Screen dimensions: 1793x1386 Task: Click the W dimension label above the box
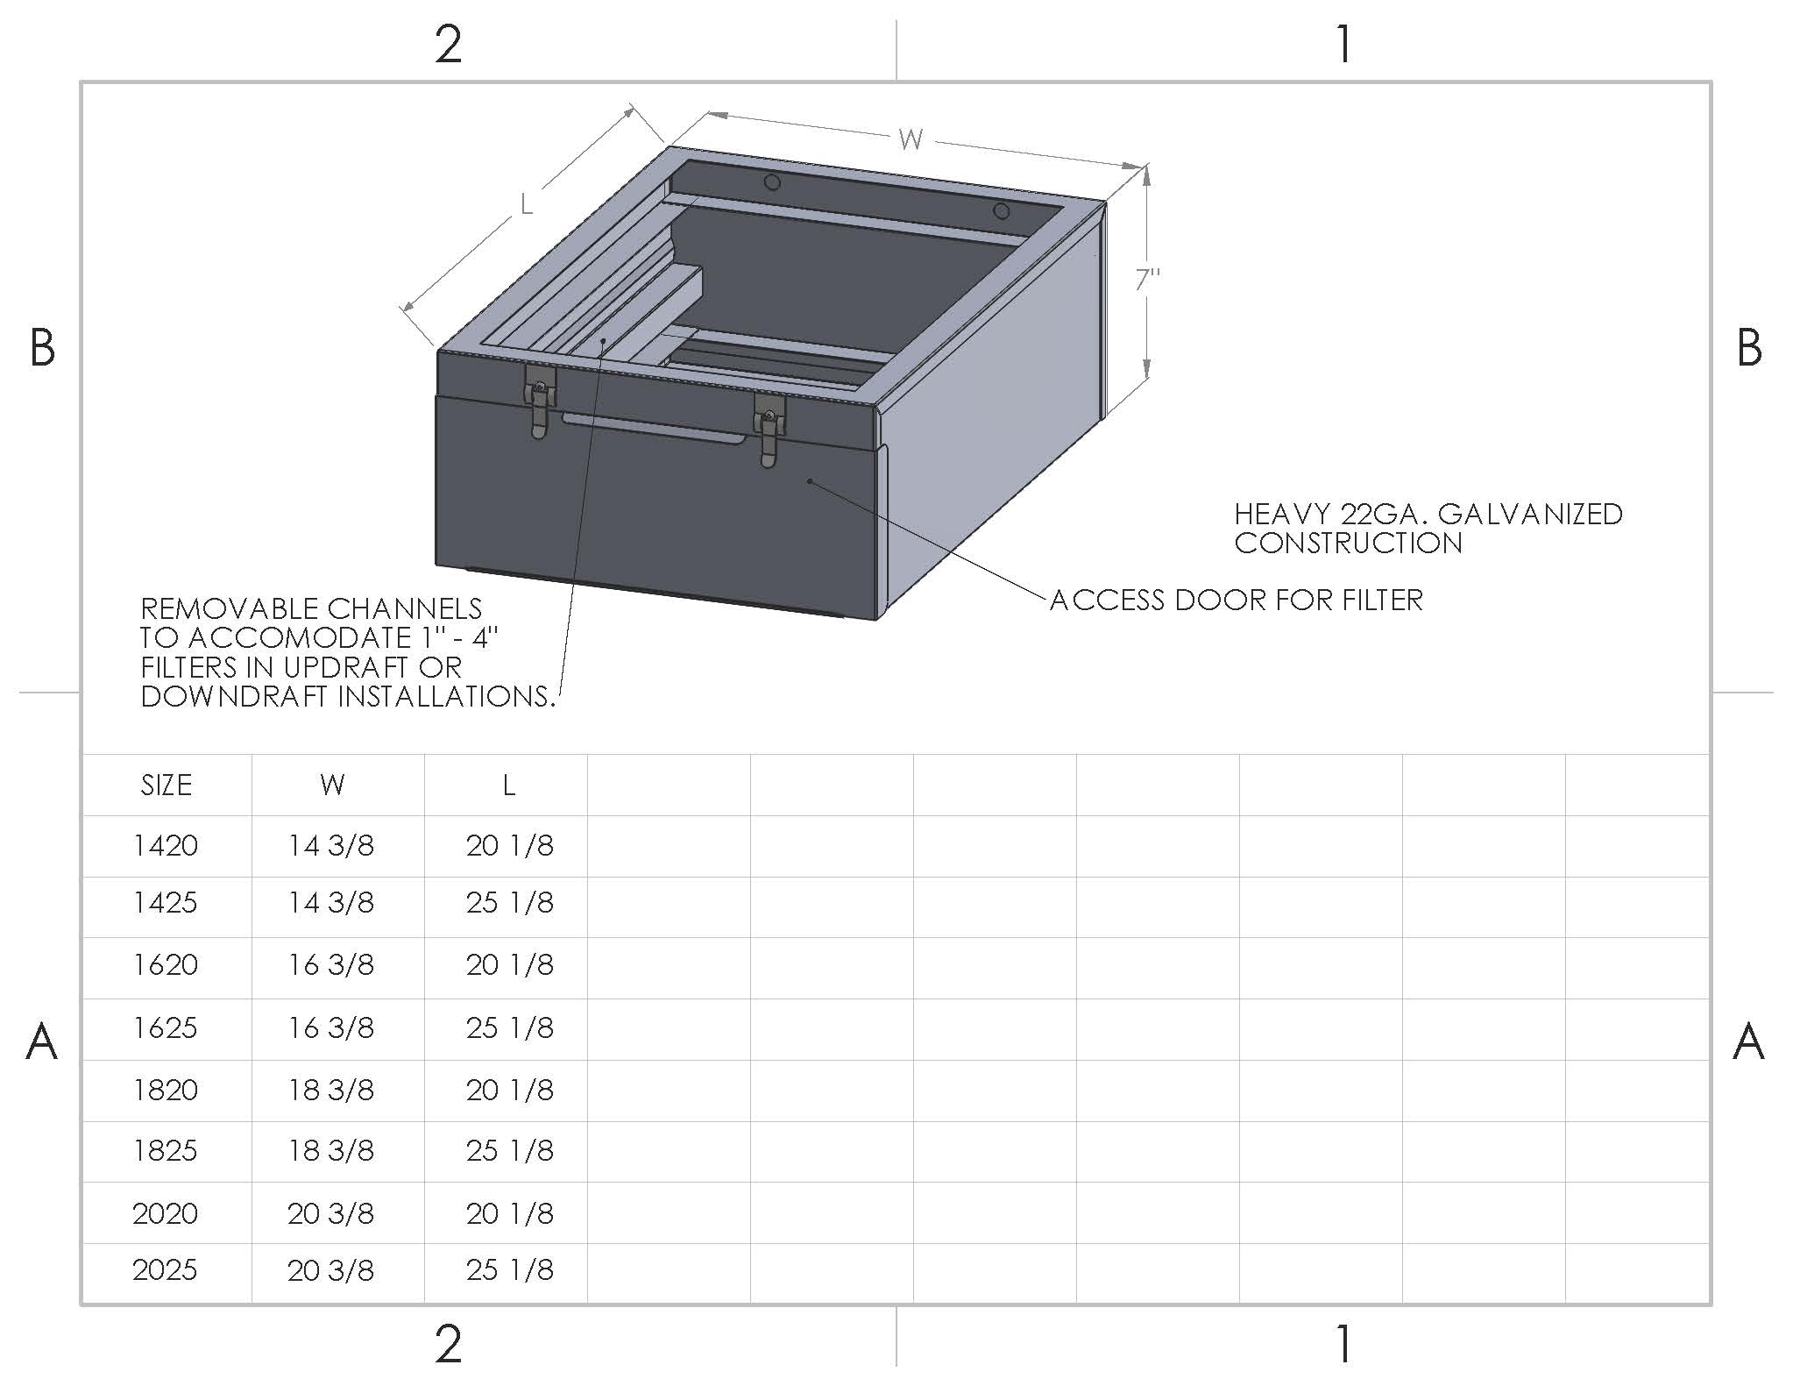click(911, 139)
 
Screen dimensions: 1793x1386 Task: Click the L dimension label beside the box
click(526, 204)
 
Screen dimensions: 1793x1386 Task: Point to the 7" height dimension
click(1147, 280)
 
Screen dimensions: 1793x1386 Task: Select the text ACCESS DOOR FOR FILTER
click(1236, 601)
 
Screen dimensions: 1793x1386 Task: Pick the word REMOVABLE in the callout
click(224, 608)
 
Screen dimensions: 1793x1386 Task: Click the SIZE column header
click(167, 785)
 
